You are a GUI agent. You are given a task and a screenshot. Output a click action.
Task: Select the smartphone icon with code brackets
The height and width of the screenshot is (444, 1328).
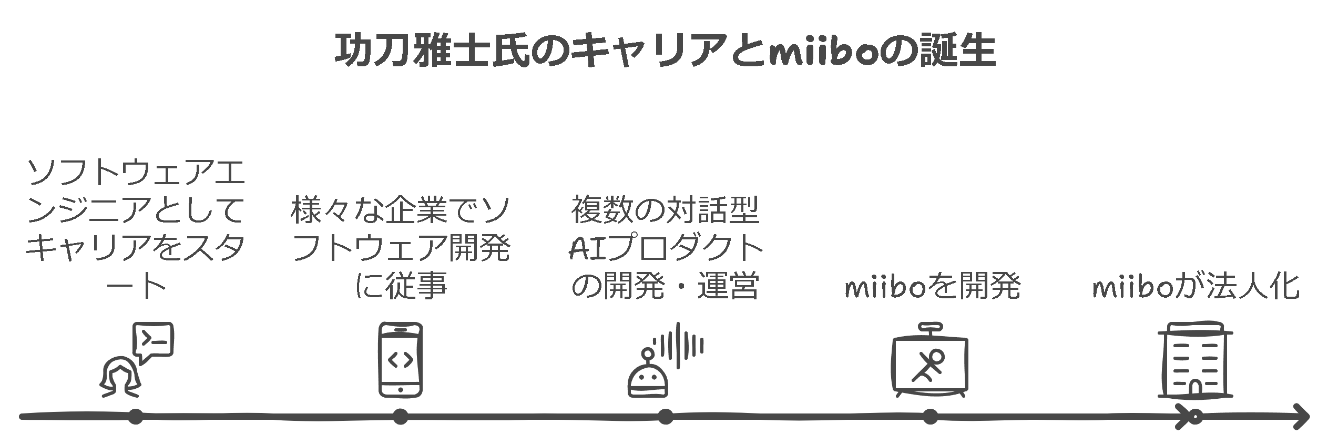(401, 360)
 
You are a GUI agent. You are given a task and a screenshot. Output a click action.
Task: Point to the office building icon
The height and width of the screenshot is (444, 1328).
(1195, 361)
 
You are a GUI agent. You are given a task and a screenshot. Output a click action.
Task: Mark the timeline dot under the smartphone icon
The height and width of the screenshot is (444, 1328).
(401, 417)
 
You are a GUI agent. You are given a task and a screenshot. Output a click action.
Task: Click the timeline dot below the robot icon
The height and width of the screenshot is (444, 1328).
(665, 417)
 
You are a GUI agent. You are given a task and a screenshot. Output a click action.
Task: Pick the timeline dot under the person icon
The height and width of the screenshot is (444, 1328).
(136, 417)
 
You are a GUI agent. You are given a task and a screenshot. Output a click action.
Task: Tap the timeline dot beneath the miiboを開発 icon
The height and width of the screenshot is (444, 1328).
(930, 417)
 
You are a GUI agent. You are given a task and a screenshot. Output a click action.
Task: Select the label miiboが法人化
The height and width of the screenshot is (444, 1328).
(1195, 287)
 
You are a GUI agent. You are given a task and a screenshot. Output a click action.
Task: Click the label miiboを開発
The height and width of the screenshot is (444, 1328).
(932, 287)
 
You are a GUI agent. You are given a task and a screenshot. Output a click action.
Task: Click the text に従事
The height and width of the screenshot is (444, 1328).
(401, 287)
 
